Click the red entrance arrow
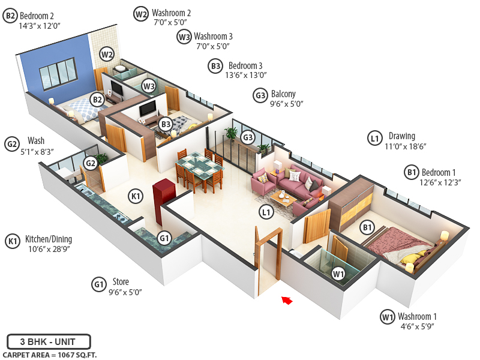(x=287, y=300)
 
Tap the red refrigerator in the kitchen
(x=163, y=194)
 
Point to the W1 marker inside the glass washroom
(x=338, y=274)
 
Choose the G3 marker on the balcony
(x=248, y=137)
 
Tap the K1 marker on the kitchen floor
(x=136, y=195)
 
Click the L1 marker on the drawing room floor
(x=266, y=211)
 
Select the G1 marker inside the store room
(x=164, y=238)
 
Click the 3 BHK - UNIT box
(x=49, y=341)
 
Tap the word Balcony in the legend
(x=283, y=94)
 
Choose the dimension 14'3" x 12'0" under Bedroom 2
(x=40, y=26)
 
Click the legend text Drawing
(x=401, y=136)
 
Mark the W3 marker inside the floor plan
(x=149, y=86)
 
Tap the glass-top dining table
(x=199, y=165)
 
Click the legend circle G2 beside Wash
(x=12, y=144)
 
